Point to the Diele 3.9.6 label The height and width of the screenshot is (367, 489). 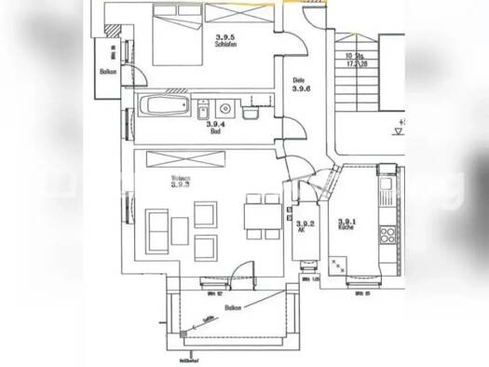coord(300,84)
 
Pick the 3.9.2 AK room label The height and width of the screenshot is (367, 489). coord(303,226)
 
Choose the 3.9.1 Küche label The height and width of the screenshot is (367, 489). coord(346,222)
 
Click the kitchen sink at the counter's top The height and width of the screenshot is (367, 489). coord(386,187)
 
